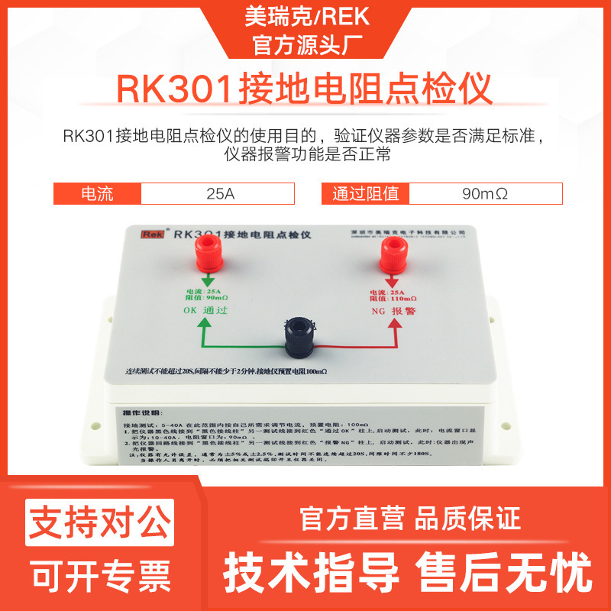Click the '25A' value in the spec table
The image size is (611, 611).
click(221, 194)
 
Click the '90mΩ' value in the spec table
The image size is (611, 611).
click(485, 194)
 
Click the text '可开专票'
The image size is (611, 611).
click(99, 574)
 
